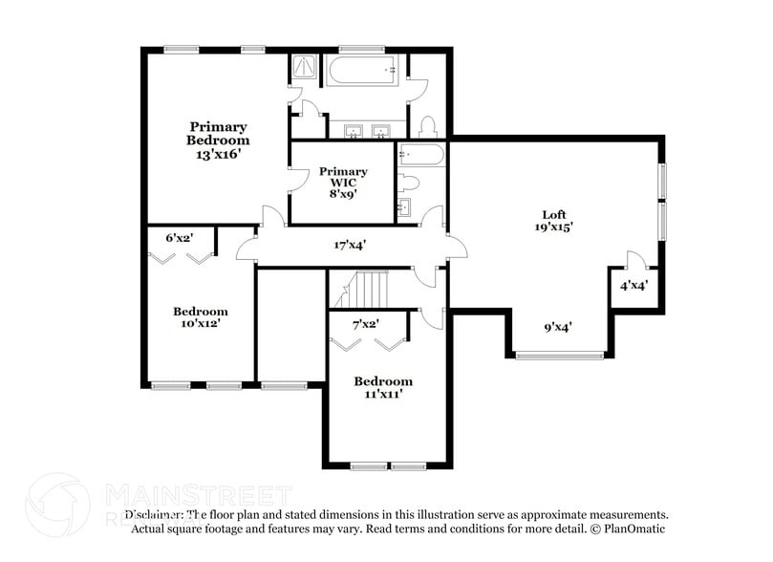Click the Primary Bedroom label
tap(218, 140)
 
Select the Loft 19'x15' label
tap(553, 221)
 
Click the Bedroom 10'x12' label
tap(201, 317)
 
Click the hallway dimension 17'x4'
tap(351, 245)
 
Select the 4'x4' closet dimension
tap(633, 286)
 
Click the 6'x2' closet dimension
tap(180, 237)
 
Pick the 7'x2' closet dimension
tap(366, 325)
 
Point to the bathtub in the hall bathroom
tap(419, 154)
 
